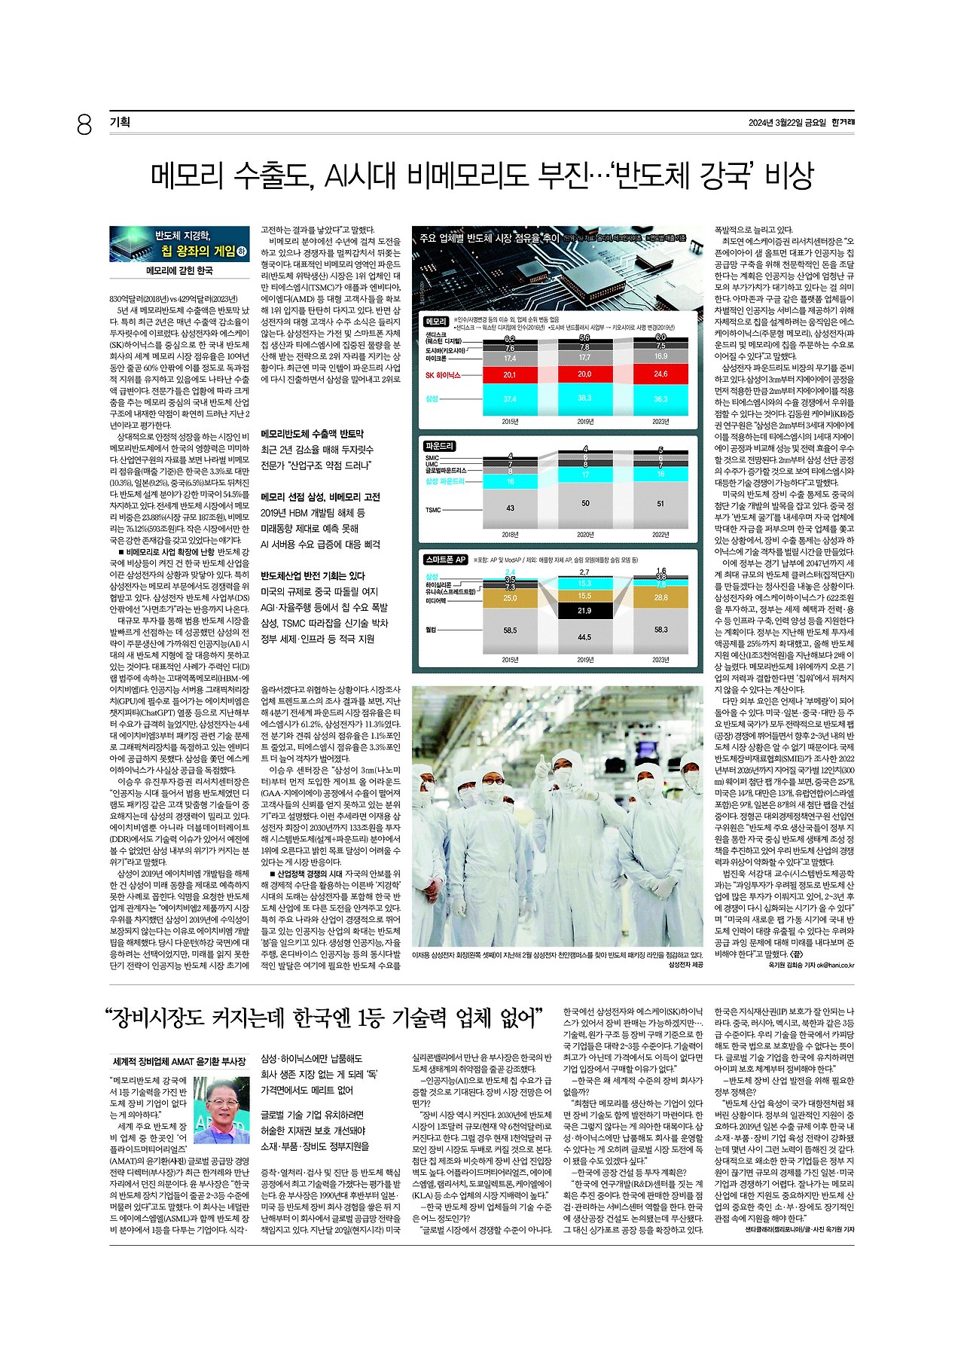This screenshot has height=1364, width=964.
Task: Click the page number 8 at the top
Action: coord(84,124)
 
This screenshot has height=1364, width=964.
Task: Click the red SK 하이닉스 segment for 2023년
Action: coord(660,374)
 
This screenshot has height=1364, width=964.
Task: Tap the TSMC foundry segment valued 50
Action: coord(585,503)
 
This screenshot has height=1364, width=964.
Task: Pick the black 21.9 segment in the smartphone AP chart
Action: coord(585,611)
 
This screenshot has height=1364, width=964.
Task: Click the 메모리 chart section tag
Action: coord(437,322)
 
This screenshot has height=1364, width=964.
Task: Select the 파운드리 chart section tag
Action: coord(440,447)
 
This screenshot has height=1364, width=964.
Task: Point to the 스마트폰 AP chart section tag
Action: coord(447,560)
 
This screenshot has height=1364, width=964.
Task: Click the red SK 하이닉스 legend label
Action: coord(442,375)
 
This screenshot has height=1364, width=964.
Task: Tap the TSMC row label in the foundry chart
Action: coord(433,510)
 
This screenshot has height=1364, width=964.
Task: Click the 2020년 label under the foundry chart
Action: coord(585,535)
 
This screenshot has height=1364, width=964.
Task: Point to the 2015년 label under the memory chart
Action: coord(510,422)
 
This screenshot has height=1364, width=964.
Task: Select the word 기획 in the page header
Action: coord(120,122)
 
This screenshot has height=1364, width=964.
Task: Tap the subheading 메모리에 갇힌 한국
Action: coord(179,270)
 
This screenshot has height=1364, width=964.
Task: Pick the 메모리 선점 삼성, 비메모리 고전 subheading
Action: coord(320,497)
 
